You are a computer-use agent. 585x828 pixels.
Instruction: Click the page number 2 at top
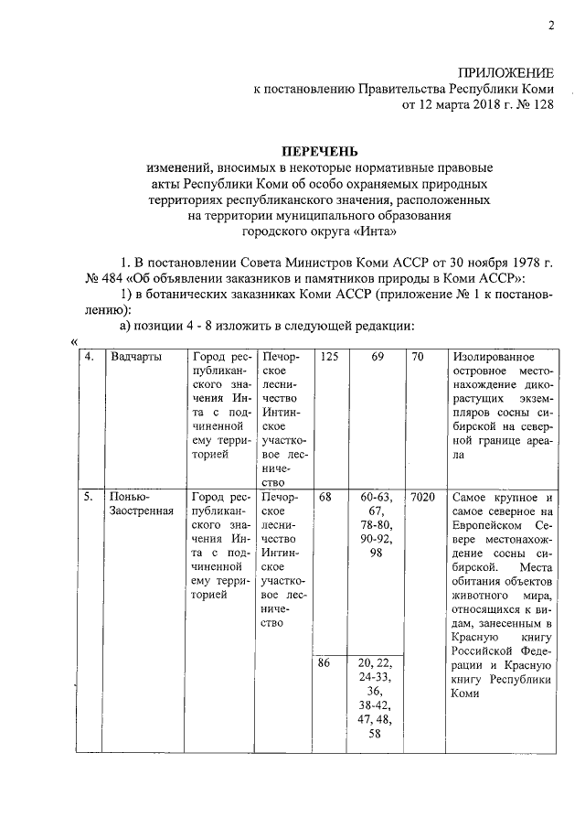tap(551, 26)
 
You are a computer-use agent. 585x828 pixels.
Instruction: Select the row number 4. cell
tap(89, 356)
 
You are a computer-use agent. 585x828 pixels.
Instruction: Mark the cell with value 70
tap(418, 356)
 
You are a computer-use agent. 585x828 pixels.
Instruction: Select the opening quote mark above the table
tap(73, 342)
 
